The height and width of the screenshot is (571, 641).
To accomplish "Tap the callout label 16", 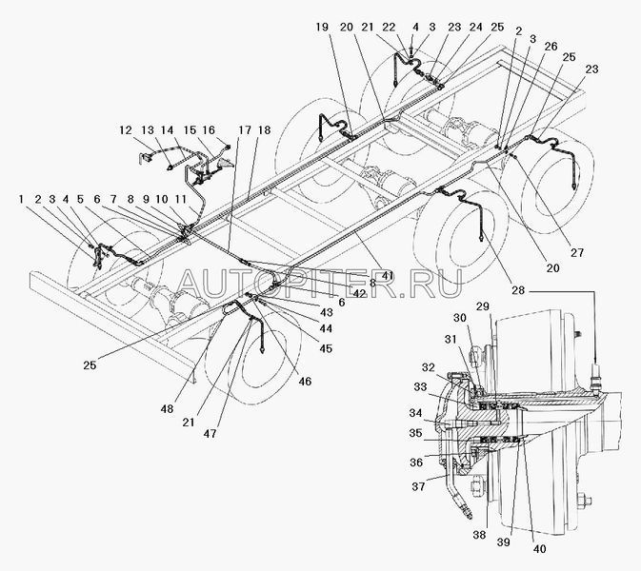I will pyautogui.click(x=210, y=128).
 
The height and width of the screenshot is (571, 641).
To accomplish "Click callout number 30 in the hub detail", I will pyautogui.click(x=460, y=318).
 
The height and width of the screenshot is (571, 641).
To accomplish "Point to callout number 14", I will pyautogui.click(x=167, y=128).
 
